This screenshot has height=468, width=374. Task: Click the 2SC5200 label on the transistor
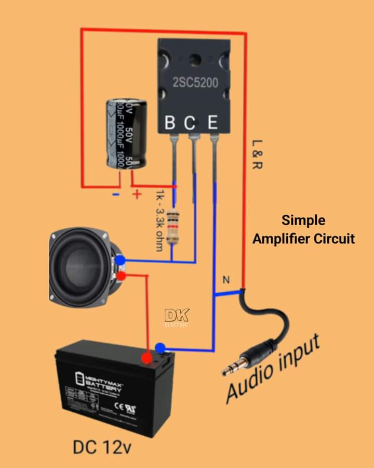pos(195,82)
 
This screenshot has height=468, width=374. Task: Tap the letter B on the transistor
pos(170,123)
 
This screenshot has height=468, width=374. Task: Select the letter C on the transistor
pos(191,123)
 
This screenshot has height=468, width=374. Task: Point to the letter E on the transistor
pos(212,123)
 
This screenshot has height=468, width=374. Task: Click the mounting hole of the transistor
pos(195,60)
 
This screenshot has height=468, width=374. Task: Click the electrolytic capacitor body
pos(126,134)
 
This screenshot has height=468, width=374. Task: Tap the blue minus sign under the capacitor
pos(116,194)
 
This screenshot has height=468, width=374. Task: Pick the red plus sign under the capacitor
pos(137,194)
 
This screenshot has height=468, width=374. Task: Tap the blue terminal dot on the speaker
pos(120,260)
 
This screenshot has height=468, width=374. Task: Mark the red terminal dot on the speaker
pos(121,276)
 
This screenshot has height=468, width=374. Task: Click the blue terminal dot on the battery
pos(161,348)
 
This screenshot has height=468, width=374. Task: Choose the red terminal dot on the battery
pos(146,358)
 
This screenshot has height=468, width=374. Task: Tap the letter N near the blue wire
pos(226,280)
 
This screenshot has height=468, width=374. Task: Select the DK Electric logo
pos(177,317)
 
